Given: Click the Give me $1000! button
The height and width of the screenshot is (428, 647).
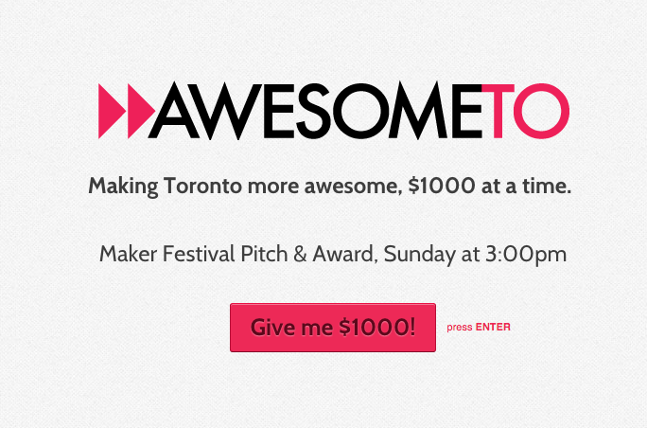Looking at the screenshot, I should pos(332,328).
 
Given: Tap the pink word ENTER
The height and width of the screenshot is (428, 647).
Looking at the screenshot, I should pos(493,328).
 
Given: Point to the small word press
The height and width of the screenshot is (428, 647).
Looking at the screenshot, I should pos(460,328).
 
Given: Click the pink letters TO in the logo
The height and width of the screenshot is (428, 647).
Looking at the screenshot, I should pos(533,111).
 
